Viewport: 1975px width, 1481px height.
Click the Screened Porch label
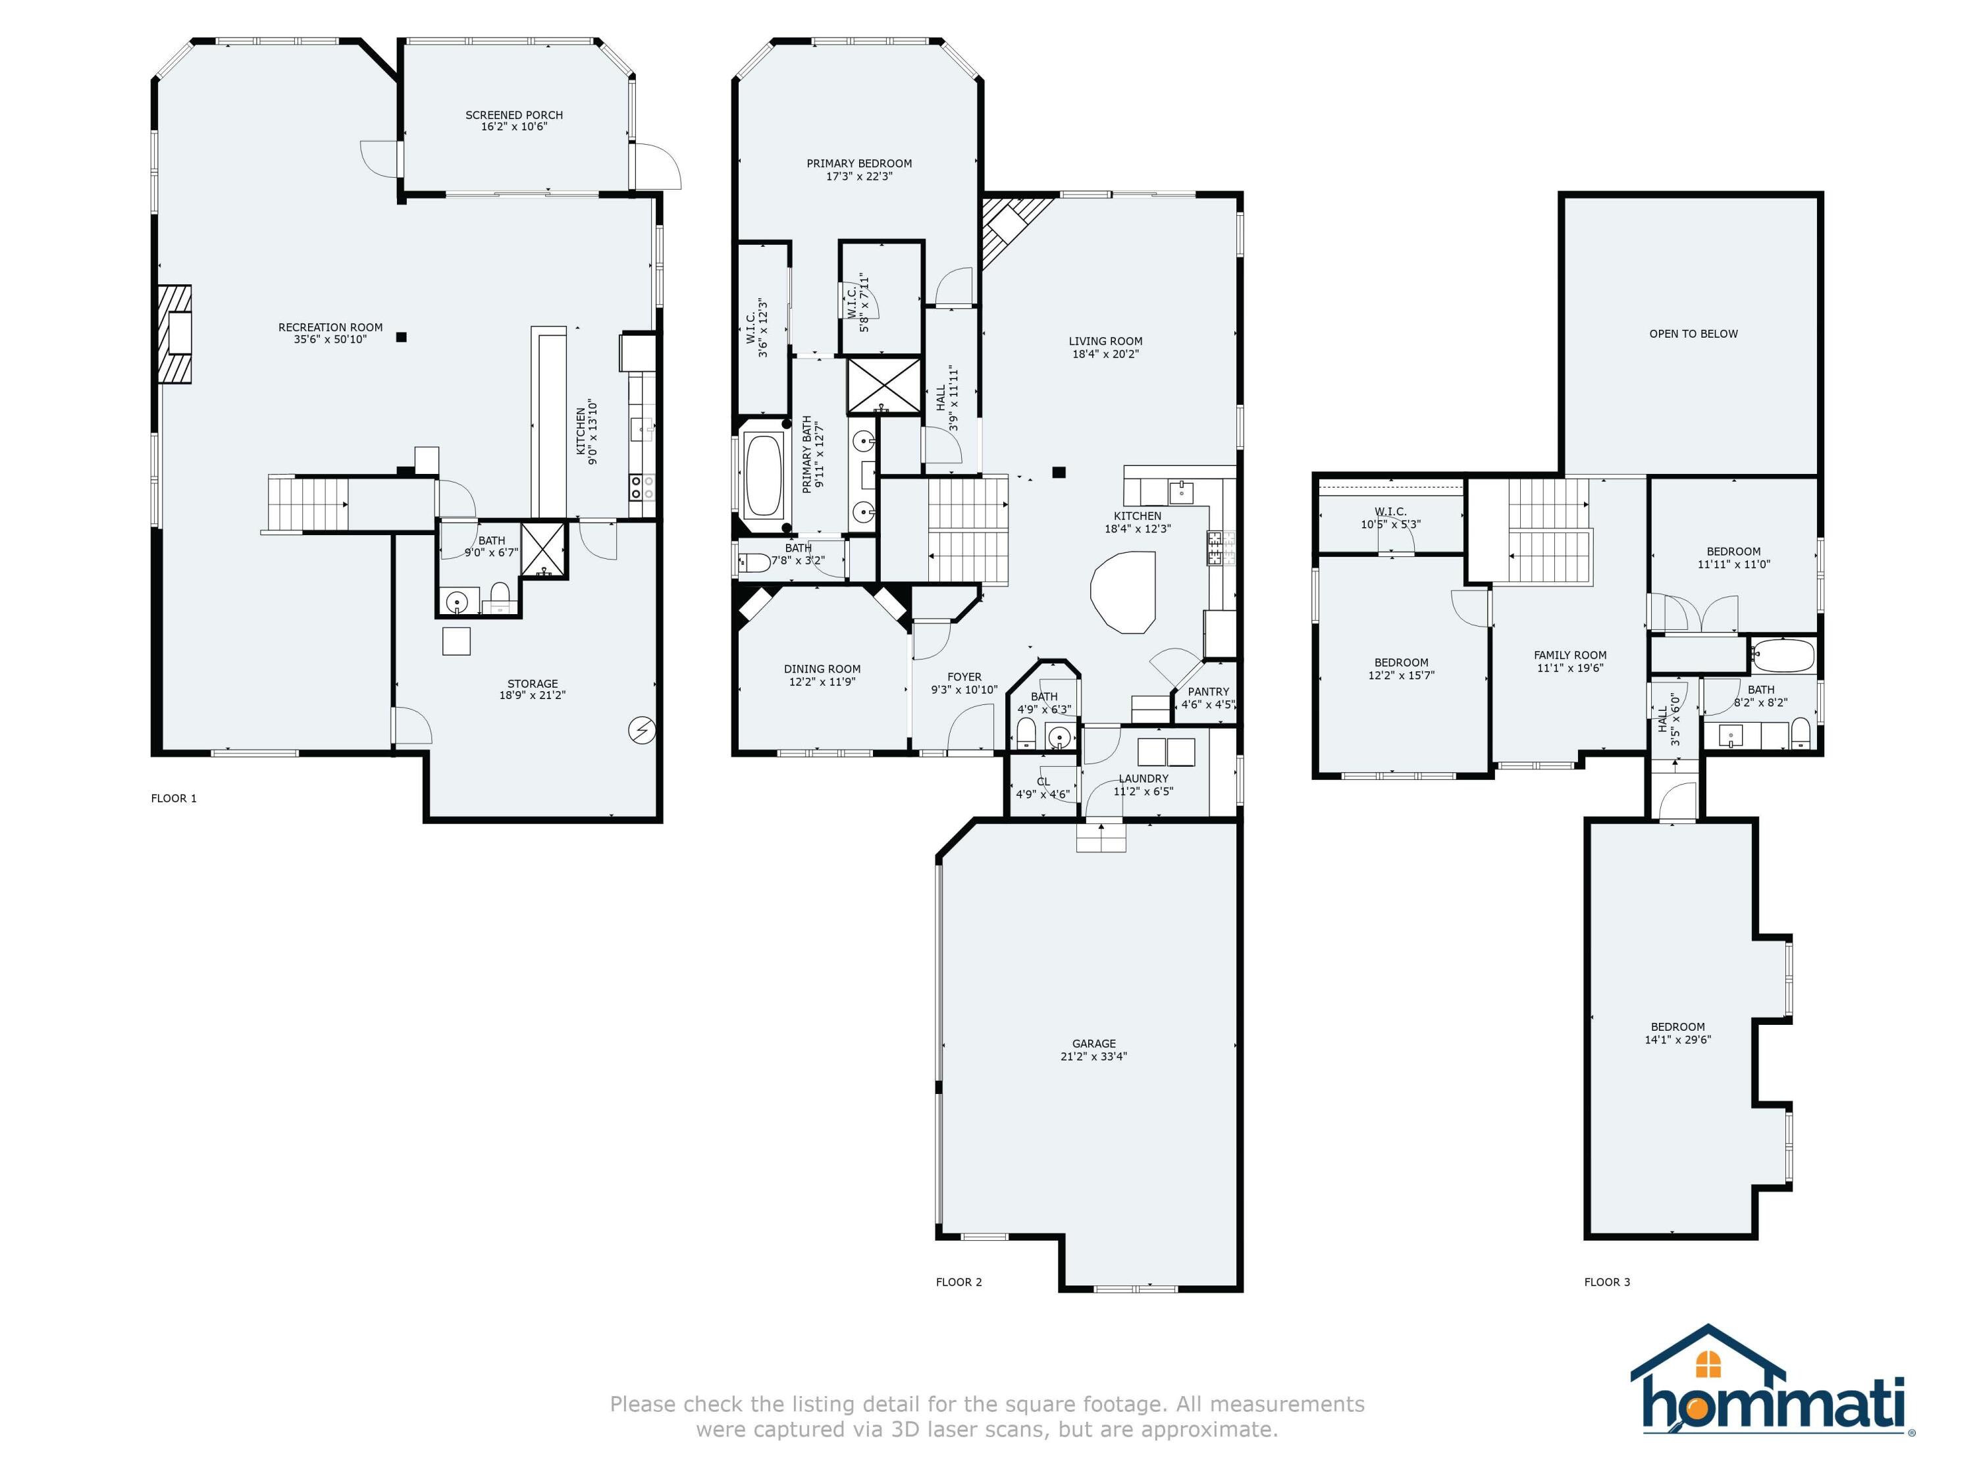(513, 115)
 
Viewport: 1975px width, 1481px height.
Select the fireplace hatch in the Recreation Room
(175, 335)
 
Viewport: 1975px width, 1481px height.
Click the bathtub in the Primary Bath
(764, 477)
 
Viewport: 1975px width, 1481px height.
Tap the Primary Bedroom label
(859, 163)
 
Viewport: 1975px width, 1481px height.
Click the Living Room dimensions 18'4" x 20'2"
(1105, 354)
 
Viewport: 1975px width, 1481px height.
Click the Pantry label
(1208, 692)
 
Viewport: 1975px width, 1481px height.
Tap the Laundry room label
(1143, 779)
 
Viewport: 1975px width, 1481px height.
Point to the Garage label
(1093, 1043)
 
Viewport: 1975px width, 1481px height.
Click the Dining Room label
(822, 669)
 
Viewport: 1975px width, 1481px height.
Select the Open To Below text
(1693, 334)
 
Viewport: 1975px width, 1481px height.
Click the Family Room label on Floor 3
(1569, 655)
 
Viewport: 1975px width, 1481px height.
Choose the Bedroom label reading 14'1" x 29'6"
(1677, 1040)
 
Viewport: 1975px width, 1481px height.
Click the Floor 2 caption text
(958, 1282)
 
